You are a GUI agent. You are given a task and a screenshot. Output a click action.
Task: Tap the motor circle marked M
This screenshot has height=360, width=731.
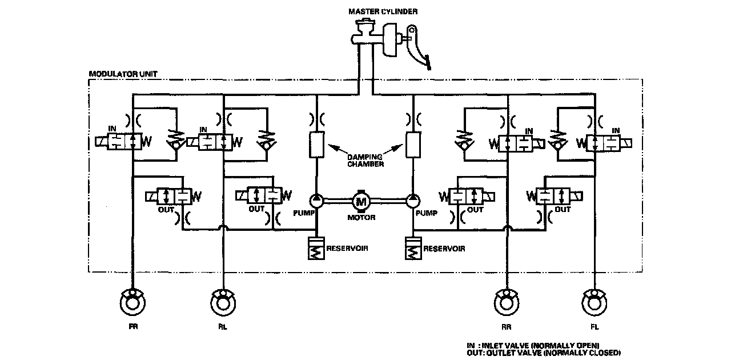tap(361, 201)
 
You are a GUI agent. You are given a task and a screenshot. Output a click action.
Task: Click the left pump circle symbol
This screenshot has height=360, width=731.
tap(316, 201)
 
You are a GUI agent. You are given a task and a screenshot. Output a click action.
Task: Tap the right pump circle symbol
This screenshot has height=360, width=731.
tap(412, 201)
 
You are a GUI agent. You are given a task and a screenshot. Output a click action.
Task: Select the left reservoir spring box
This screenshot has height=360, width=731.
tap(316, 249)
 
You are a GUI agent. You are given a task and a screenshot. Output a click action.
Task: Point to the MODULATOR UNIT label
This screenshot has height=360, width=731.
tap(123, 74)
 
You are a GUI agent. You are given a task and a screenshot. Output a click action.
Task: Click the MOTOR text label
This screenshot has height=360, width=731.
tap(361, 217)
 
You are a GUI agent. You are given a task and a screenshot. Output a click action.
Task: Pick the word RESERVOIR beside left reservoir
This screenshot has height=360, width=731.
tap(347, 249)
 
